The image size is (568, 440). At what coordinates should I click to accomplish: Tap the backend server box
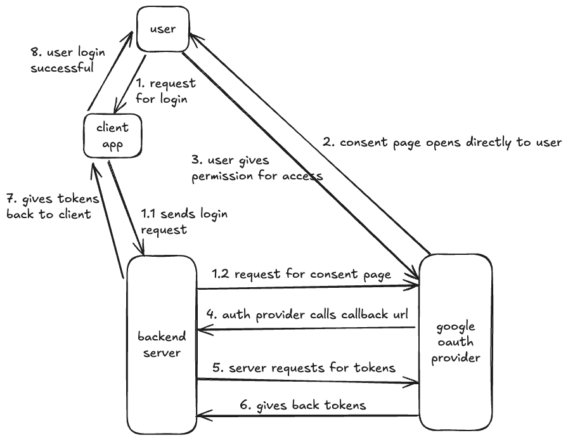162,343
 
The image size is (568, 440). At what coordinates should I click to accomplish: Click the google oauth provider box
455,342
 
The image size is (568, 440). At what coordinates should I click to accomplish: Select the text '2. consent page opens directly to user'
441,143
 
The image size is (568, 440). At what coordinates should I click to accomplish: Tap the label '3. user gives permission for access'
256,168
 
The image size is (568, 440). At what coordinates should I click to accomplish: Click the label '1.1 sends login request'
183,222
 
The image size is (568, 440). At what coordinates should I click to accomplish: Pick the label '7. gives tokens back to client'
53,207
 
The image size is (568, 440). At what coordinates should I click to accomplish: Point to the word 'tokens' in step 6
345,404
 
